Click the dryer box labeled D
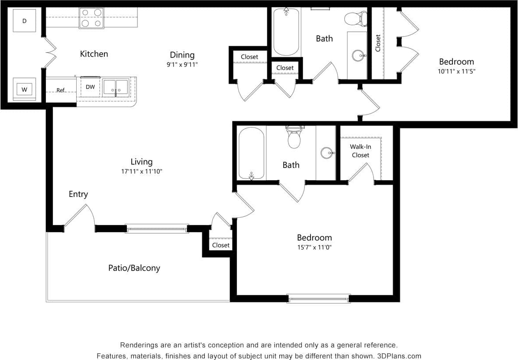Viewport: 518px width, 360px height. (24, 21)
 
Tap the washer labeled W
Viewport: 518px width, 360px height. (25, 89)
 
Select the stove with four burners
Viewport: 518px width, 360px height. (91, 18)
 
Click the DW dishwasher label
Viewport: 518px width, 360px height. (90, 87)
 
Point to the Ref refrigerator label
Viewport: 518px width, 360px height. (61, 90)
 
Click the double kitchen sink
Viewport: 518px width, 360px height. (116, 87)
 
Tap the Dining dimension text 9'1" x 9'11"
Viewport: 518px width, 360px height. (182, 64)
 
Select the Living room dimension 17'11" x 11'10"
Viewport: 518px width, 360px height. (141, 171)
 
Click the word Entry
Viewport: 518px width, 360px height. (78, 194)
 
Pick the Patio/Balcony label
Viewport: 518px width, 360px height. (134, 267)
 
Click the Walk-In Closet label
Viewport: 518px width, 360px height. (360, 151)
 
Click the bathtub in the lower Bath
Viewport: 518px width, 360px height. (252, 153)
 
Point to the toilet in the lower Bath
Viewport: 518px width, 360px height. (294, 137)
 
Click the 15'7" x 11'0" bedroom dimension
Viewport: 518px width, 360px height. (314, 247)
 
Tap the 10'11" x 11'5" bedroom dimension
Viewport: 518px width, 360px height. (456, 71)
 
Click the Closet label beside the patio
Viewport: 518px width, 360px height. (221, 245)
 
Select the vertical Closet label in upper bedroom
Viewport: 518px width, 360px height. (378, 43)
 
